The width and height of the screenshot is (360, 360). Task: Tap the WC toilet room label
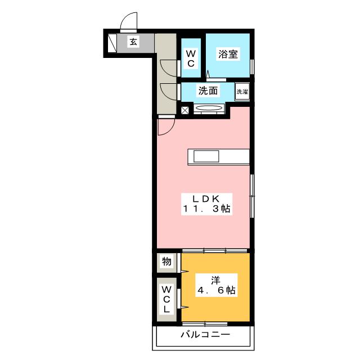tap(191, 58)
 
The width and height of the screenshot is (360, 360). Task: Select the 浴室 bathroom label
tap(228, 55)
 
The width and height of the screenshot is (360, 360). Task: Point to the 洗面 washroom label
tap(207, 91)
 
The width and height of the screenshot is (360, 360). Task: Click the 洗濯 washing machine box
tap(242, 92)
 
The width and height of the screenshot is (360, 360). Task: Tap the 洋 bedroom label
tap(214, 280)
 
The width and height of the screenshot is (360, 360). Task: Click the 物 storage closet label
tap(166, 262)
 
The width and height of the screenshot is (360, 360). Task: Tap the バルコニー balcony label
tap(205, 336)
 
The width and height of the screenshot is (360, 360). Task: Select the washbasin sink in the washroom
tap(209, 109)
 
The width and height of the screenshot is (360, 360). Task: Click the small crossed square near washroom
tap(185, 110)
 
